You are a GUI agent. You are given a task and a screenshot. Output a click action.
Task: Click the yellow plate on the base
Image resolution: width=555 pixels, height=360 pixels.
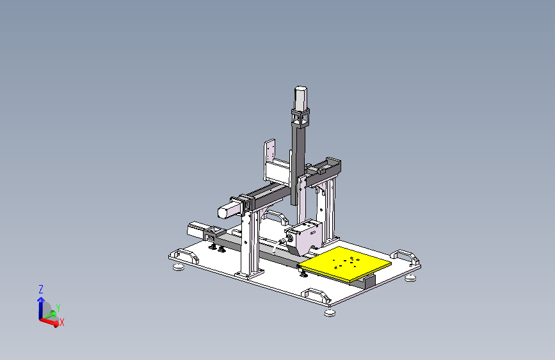345,264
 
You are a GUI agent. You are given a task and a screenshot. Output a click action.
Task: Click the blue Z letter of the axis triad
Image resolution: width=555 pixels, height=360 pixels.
41,290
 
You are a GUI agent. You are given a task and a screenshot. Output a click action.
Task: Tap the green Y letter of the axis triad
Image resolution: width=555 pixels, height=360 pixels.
58,308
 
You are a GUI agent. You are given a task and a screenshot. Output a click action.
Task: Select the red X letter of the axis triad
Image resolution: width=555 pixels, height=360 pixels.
62,322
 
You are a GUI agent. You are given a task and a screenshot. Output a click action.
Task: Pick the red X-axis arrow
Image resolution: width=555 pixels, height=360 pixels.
49,322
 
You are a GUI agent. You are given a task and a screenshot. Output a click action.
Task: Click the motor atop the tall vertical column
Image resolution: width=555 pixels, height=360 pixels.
300,98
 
